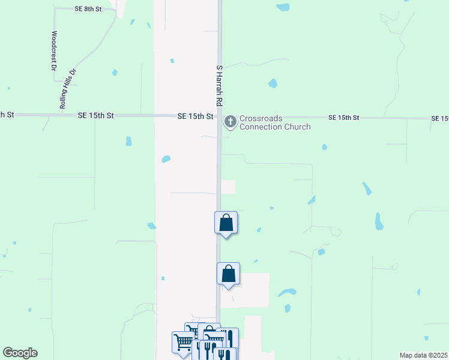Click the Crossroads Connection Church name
click(275, 122)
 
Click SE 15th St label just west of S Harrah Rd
click(196, 116)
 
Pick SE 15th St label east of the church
click(344, 118)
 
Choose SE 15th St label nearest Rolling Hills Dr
click(95, 115)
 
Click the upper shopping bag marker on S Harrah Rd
click(226, 223)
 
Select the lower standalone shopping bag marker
click(228, 274)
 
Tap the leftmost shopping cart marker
click(182, 342)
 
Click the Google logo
click(20, 353)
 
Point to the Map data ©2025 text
click(424, 355)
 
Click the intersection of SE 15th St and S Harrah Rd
click(220, 116)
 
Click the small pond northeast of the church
click(273, 83)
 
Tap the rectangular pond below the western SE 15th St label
click(128, 141)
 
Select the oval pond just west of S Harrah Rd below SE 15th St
click(166, 159)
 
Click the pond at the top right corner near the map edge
click(282, 7)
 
